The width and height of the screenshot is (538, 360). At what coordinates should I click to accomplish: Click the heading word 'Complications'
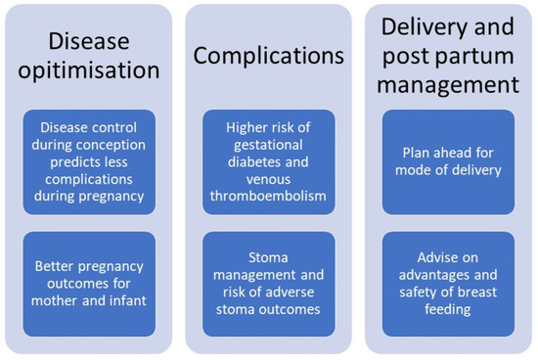[269, 56]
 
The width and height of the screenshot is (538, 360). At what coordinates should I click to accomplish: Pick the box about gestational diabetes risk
[269, 160]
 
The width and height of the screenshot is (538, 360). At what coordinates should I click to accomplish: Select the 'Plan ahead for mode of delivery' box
[447, 160]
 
